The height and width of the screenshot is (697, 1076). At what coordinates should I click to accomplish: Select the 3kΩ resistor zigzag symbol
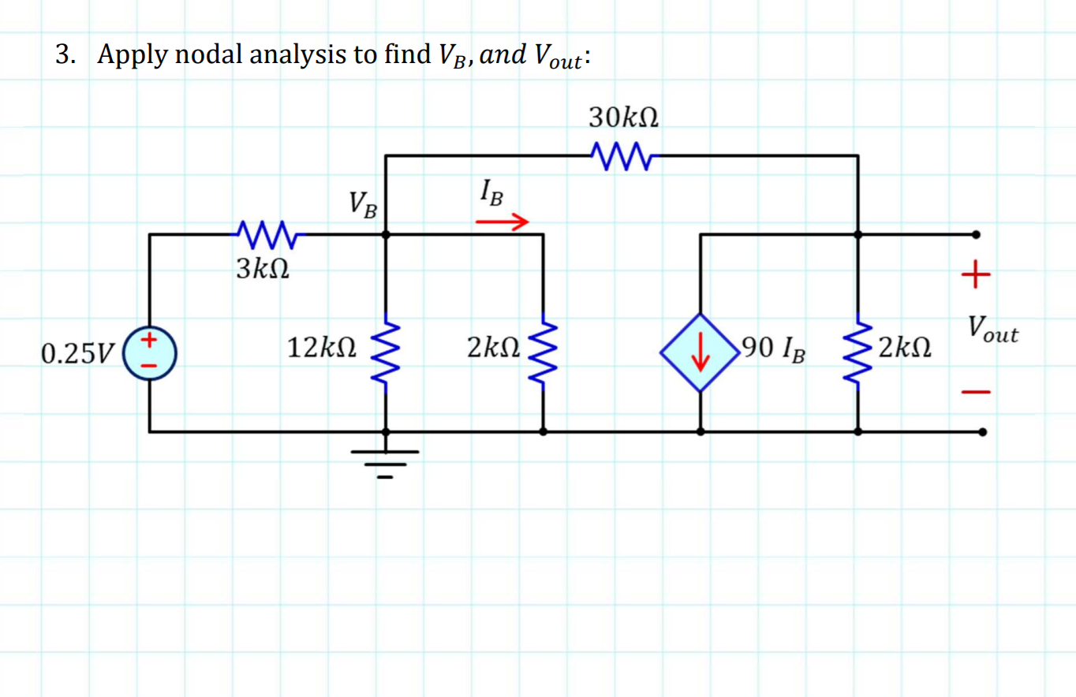click(265, 233)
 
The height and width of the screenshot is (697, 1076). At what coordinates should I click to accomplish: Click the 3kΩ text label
click(262, 270)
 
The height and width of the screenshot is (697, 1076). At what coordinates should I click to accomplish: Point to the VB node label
click(364, 205)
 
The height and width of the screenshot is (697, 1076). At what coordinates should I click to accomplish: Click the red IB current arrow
click(501, 223)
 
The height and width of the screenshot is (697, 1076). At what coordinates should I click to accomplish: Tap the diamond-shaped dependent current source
click(701, 352)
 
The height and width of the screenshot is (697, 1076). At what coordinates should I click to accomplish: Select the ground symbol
click(385, 459)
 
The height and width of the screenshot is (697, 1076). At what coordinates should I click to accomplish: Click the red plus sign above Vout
click(976, 275)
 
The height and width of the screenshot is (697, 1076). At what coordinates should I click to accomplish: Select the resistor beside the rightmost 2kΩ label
click(858, 352)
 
